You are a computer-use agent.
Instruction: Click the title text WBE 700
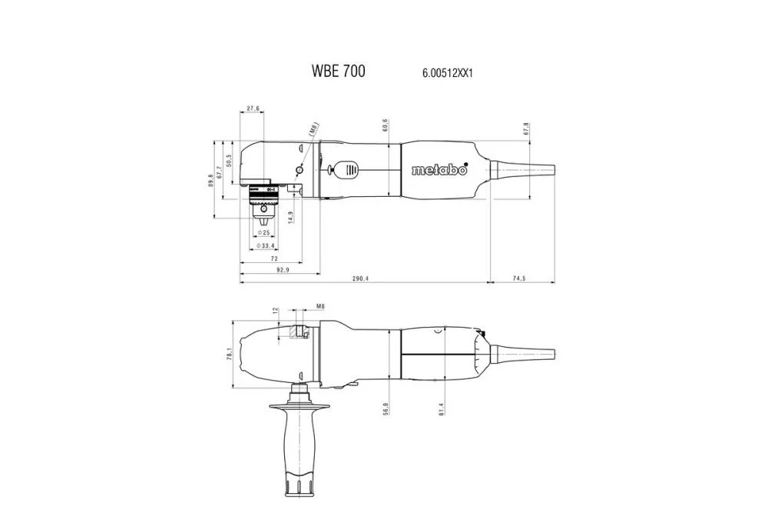pos(338,72)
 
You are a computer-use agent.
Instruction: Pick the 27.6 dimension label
pos(253,108)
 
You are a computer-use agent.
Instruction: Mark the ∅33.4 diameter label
pos(265,246)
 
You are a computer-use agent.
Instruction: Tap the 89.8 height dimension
pos(211,180)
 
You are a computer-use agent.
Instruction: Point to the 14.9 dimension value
pos(290,218)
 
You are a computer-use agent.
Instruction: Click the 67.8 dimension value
pos(526,128)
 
